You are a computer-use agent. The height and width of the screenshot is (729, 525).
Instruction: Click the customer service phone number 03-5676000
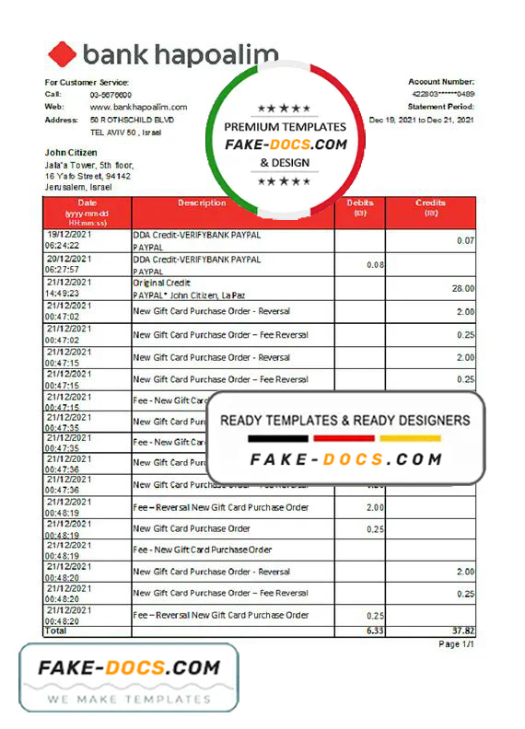coord(111,95)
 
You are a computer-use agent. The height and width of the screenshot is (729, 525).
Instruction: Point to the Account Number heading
coord(441,82)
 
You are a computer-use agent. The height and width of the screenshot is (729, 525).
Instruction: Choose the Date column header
coord(87,202)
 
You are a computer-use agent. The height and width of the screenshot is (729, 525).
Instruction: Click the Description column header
coord(202,202)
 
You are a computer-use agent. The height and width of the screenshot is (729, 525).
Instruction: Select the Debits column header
coord(360,202)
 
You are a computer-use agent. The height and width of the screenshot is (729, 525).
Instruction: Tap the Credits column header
coord(430,202)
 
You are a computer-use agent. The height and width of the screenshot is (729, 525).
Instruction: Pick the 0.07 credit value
coord(465,240)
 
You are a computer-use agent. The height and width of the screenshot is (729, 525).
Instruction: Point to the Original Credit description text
coord(163,283)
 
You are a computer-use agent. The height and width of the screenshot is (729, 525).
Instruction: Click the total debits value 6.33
coord(373,631)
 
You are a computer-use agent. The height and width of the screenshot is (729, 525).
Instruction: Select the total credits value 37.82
coord(461,631)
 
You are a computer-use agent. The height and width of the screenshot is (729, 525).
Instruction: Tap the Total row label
coord(56,631)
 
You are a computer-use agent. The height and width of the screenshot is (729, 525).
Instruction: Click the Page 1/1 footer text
coord(455,644)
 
